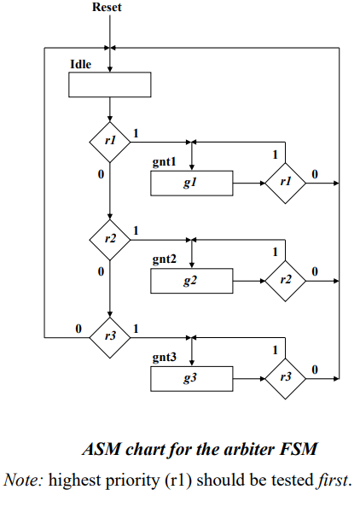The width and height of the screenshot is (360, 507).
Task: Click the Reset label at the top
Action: pyautogui.click(x=107, y=7)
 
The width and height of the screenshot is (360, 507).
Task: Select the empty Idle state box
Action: pyautogui.click(x=109, y=84)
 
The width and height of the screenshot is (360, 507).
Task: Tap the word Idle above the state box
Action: pyautogui.click(x=81, y=64)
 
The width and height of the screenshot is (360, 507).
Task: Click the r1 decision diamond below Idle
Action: pyautogui.click(x=110, y=142)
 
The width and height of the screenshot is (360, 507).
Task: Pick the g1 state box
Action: pyautogui.click(x=192, y=184)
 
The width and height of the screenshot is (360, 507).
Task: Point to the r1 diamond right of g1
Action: pyautogui.click(x=285, y=184)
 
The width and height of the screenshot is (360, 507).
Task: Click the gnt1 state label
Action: pyautogui.click(x=164, y=161)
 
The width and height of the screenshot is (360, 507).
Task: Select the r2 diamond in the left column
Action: pyautogui.click(x=110, y=240)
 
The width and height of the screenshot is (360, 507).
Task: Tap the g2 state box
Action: pyautogui.click(x=192, y=281)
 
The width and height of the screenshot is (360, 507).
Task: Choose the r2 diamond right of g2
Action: pyautogui.click(x=285, y=281)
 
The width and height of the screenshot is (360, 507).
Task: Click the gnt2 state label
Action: pyautogui.click(x=164, y=259)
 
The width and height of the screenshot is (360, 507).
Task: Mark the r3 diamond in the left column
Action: pyautogui.click(x=110, y=338)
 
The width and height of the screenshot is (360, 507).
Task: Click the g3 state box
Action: pyautogui.click(x=192, y=379)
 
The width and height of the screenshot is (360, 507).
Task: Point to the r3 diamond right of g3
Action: pyautogui.click(x=285, y=379)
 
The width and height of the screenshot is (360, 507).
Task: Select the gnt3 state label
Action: pyautogui.click(x=164, y=357)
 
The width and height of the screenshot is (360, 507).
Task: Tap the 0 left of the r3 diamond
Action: pyautogui.click(x=78, y=329)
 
